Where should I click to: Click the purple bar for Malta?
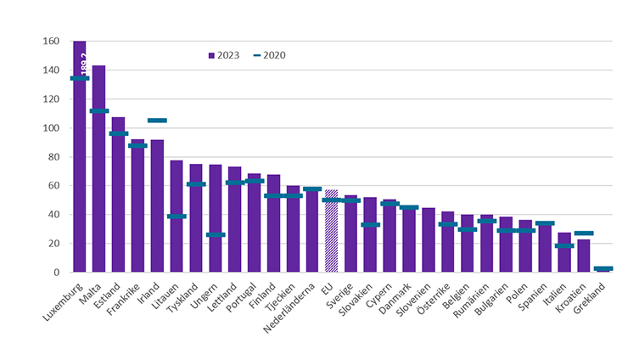[98, 169]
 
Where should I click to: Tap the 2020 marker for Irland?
[157, 121]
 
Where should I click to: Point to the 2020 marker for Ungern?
[216, 234]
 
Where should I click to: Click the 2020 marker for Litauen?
[177, 216]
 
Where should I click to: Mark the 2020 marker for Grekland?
[603, 268]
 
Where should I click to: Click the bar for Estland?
[118, 194]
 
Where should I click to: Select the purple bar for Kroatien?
[584, 256]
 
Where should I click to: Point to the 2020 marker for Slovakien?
[370, 225]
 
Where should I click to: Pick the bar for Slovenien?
[429, 240]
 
